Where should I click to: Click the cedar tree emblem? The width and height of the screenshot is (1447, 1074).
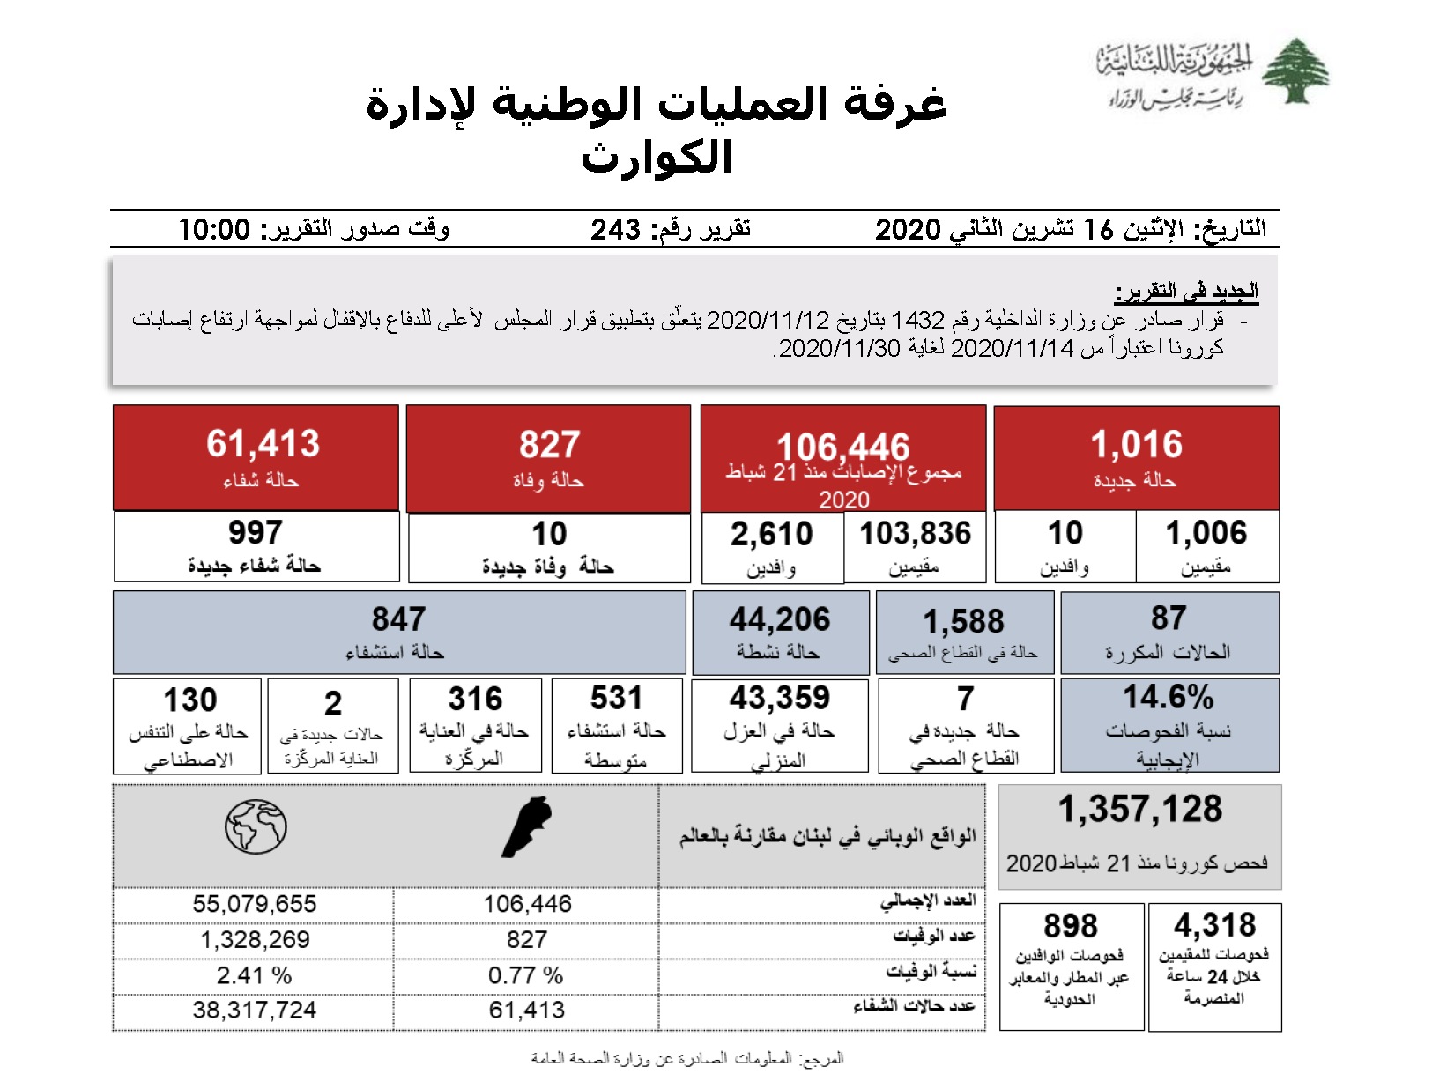pyautogui.click(x=1295, y=71)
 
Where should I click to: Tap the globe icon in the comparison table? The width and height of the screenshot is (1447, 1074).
pyautogui.click(x=256, y=826)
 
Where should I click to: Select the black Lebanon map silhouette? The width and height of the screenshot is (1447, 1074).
pyautogui.click(x=527, y=827)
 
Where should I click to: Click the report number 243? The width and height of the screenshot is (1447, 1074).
pyautogui.click(x=615, y=230)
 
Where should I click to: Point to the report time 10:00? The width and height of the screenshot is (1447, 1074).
pyautogui.click(x=214, y=230)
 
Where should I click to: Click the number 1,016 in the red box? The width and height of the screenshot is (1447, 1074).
pyautogui.click(x=1136, y=445)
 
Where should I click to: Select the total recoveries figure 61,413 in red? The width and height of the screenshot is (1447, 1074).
pyautogui.click(x=263, y=444)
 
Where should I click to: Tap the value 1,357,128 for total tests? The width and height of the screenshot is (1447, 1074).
pyautogui.click(x=1140, y=809)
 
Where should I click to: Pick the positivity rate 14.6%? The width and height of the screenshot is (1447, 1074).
pyautogui.click(x=1168, y=697)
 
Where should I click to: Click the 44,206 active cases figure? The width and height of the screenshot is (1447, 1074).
pyautogui.click(x=780, y=619)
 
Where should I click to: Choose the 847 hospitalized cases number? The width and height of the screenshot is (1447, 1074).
pyautogui.click(x=398, y=619)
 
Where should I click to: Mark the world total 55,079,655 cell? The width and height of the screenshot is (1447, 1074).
pyautogui.click(x=255, y=904)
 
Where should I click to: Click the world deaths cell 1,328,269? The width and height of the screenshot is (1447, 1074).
pyautogui.click(x=255, y=940)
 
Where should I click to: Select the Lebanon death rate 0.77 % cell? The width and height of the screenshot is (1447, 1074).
pyautogui.click(x=526, y=976)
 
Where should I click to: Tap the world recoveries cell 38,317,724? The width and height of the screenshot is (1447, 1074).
pyautogui.click(x=255, y=1011)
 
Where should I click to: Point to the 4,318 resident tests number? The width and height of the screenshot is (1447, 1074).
pyautogui.click(x=1214, y=925)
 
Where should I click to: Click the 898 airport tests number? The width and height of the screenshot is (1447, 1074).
pyautogui.click(x=1071, y=926)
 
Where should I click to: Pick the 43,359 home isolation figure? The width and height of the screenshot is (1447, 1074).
pyautogui.click(x=780, y=698)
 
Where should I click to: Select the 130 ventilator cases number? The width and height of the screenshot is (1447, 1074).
pyautogui.click(x=189, y=700)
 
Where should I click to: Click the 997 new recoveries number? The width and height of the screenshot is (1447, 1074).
pyautogui.click(x=256, y=533)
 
